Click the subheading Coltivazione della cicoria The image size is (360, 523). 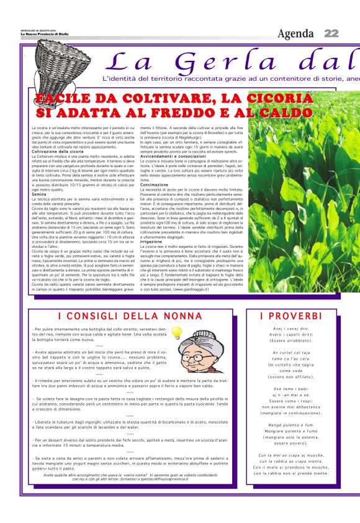point(57,152)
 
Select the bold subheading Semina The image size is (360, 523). point(39,194)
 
